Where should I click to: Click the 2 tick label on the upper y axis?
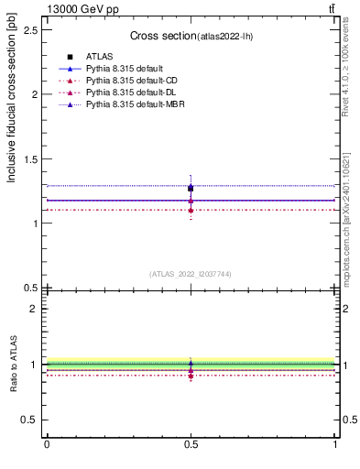pyautogui.click(x=34, y=94)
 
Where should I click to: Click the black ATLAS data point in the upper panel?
pyautogui.click(x=191, y=189)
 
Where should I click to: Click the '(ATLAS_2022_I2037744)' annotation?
pyautogui.click(x=191, y=273)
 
